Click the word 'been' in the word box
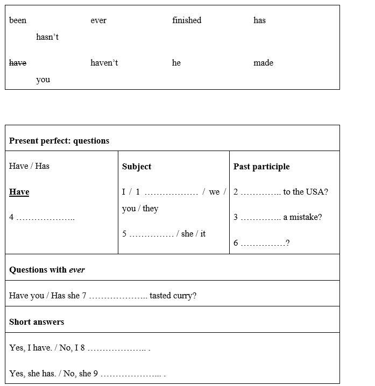click(18, 20)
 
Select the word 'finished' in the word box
click(187, 20)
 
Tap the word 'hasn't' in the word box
click(47, 37)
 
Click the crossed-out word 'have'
click(18, 63)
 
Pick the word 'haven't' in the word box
click(104, 63)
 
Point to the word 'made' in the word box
click(263, 63)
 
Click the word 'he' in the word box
click(176, 63)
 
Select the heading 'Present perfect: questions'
click(59, 141)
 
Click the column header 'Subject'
click(137, 167)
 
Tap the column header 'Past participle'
click(261, 167)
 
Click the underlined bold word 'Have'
click(19, 192)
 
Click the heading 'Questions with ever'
click(47, 270)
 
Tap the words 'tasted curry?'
click(173, 296)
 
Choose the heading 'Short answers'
click(37, 322)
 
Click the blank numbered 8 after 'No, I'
click(116, 348)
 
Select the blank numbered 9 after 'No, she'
click(131, 374)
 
